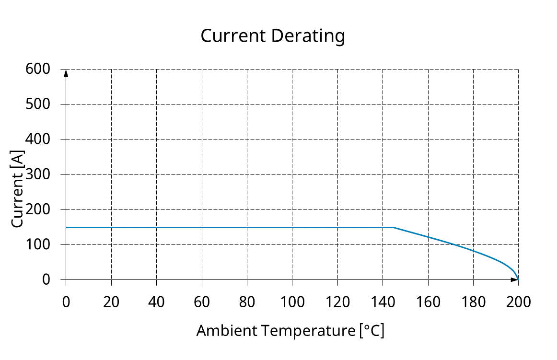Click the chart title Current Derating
[x=272, y=36]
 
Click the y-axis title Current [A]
[x=17, y=189]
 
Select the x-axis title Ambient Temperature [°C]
[x=290, y=331]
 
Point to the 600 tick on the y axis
[x=38, y=69]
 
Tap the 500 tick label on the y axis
[x=38, y=104]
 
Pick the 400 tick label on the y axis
[x=38, y=139]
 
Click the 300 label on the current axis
[x=38, y=174]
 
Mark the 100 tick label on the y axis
[x=38, y=244]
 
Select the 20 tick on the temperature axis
[x=111, y=302]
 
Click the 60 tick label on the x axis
[x=202, y=302]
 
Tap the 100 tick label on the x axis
[x=292, y=302]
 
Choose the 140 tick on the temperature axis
[x=383, y=302]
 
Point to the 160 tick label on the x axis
[x=428, y=302]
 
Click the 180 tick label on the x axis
[x=473, y=302]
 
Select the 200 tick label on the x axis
[x=518, y=302]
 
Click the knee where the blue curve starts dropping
[x=394, y=227]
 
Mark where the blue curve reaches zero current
[x=518, y=279]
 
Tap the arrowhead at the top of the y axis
[x=66, y=73]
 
